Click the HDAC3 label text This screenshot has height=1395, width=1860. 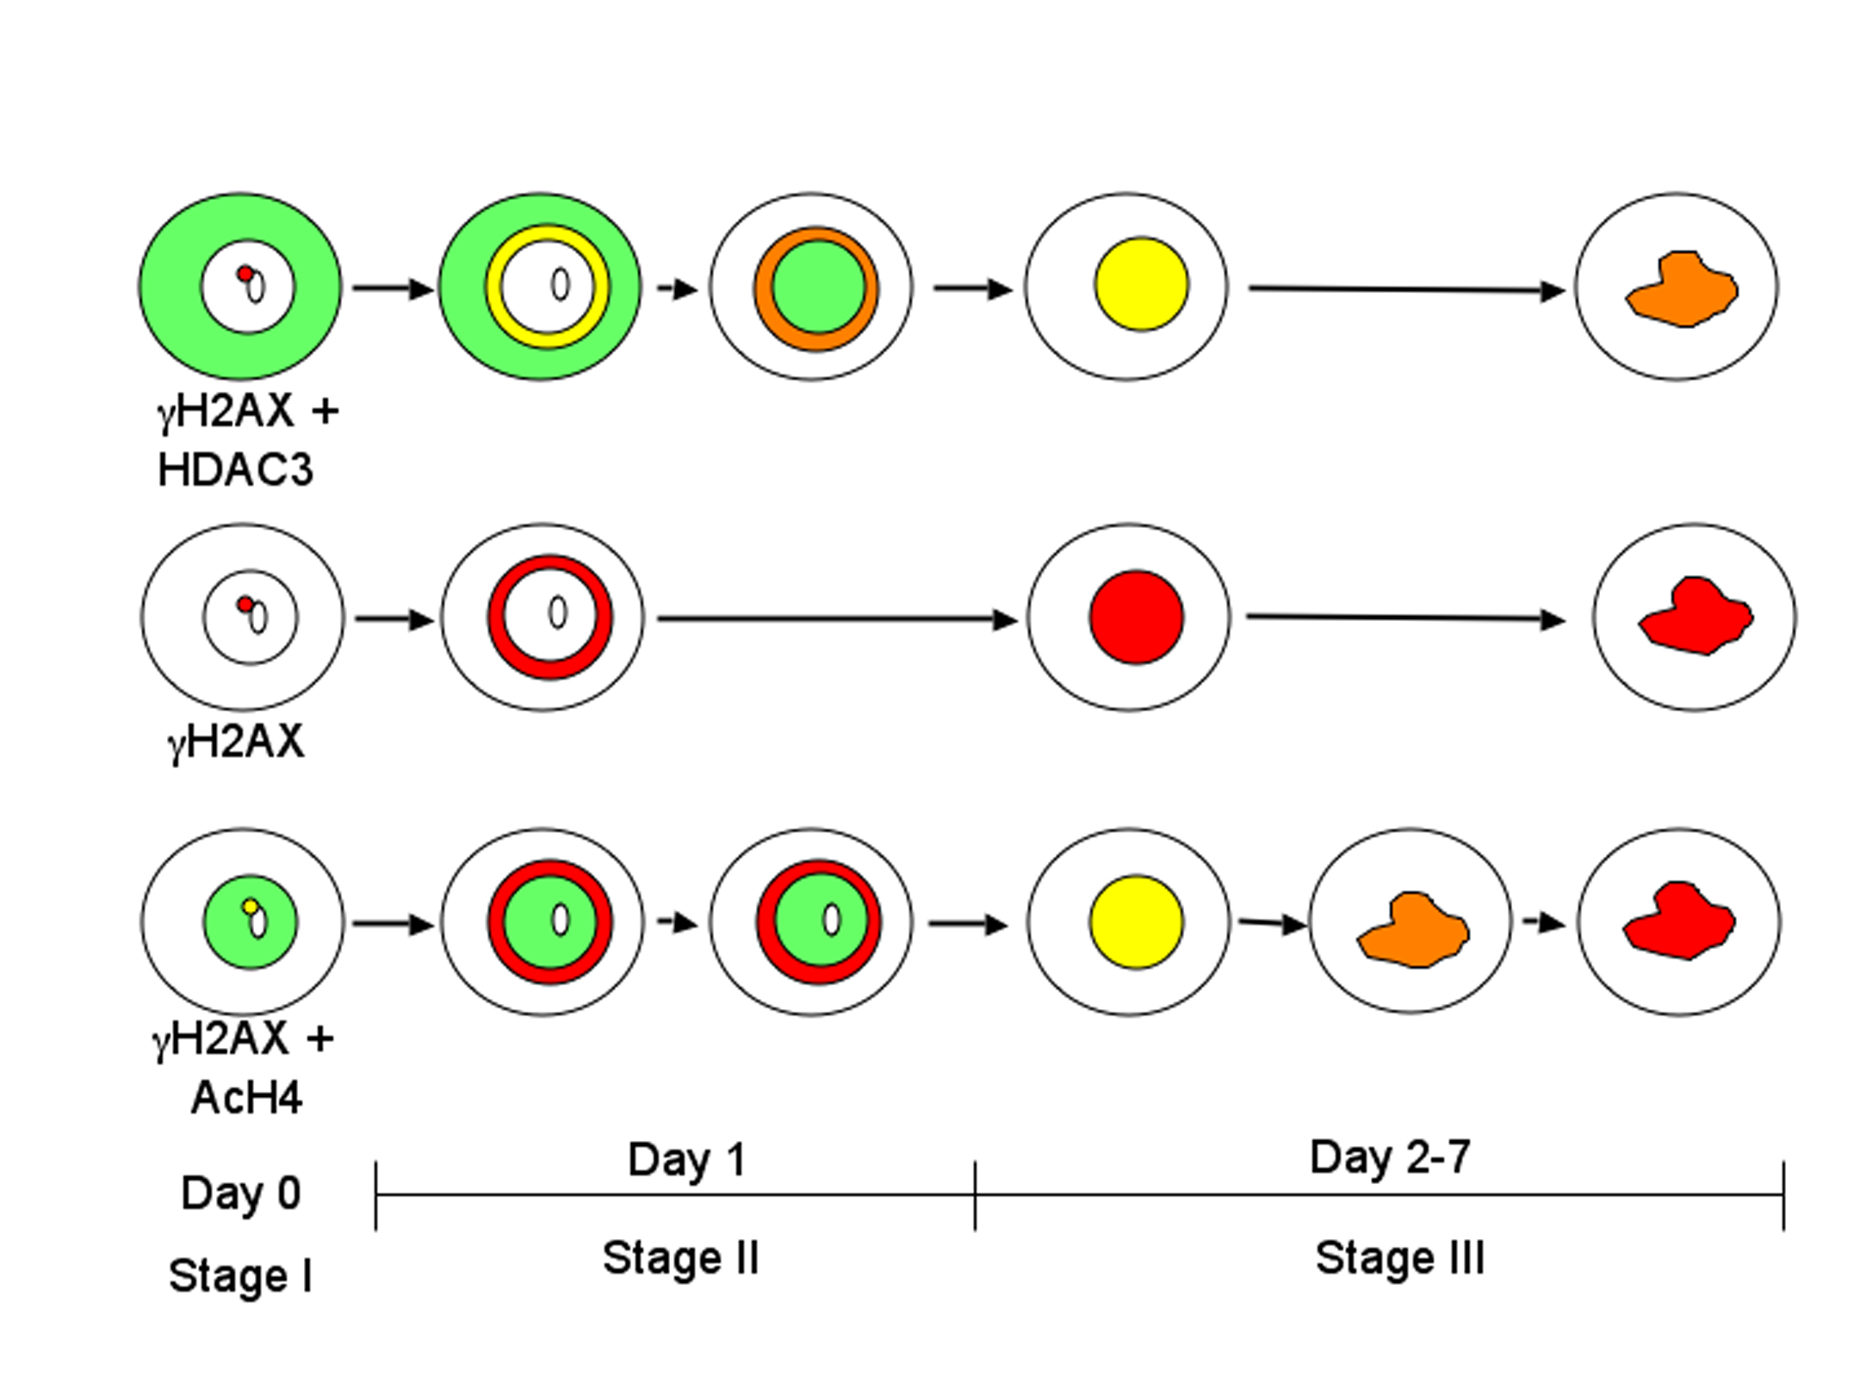[236, 469]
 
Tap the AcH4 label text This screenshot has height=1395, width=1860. [246, 1098]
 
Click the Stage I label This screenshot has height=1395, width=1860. [240, 1276]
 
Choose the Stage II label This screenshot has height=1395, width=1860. [681, 1258]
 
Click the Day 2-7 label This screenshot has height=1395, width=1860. [1390, 1157]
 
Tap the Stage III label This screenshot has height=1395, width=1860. [1400, 1258]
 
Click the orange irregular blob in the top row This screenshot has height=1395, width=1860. [1683, 289]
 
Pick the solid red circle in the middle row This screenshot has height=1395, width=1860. [1137, 617]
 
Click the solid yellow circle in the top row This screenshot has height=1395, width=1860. [1142, 284]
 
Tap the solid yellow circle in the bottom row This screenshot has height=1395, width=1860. [1137, 923]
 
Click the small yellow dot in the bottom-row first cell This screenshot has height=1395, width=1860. [250, 907]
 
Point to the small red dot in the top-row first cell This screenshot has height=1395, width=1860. [245, 274]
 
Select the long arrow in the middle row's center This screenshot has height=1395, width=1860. [838, 620]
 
